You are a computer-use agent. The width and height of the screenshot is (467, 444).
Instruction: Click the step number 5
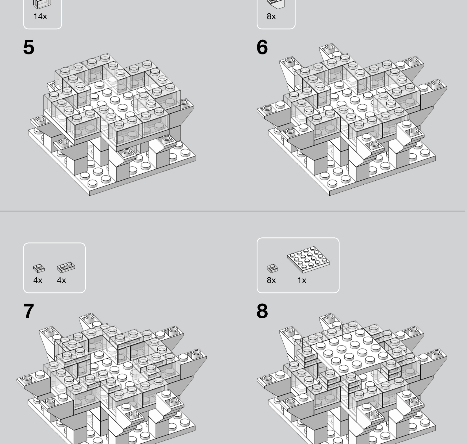(29, 47)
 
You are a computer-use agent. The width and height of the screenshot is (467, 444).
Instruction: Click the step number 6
(262, 47)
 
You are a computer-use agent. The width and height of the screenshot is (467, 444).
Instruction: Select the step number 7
(29, 311)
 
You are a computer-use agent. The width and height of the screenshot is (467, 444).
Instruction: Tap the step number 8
(262, 311)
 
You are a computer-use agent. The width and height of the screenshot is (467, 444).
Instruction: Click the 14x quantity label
(40, 16)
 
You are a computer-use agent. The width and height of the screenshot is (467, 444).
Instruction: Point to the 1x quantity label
(302, 280)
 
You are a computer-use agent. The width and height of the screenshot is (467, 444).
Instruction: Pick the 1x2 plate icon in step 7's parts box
(66, 268)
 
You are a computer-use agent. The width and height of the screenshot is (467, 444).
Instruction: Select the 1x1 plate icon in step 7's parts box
(39, 268)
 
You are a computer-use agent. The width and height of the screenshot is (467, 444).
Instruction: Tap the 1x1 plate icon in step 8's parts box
(272, 268)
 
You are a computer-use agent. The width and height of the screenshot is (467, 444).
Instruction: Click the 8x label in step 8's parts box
(271, 280)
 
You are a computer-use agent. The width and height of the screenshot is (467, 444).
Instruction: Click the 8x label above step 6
(271, 16)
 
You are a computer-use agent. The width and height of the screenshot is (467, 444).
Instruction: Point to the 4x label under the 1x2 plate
(61, 280)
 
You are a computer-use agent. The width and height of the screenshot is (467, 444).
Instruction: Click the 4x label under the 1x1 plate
(38, 280)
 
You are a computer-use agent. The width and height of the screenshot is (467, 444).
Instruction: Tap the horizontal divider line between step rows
(233, 211)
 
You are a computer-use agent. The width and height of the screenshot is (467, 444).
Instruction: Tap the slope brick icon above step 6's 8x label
(276, 4)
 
